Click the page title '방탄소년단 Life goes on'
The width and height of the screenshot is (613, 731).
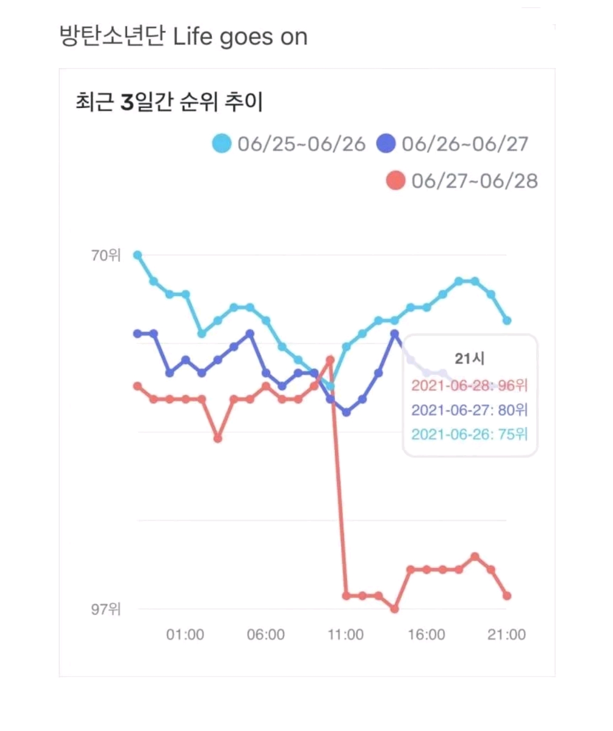(183, 36)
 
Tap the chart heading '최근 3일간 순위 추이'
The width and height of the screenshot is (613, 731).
(169, 102)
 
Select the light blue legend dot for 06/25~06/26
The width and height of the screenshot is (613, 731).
(222, 143)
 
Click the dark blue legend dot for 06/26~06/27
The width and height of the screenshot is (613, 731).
(386, 143)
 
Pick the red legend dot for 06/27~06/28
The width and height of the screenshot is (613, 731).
(395, 180)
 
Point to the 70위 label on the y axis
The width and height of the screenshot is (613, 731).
(106, 256)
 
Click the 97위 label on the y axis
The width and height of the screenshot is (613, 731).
(106, 609)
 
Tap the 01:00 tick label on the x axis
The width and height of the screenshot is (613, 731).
(185, 635)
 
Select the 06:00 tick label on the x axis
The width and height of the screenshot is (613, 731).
(266, 635)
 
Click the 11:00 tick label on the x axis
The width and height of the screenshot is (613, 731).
(346, 635)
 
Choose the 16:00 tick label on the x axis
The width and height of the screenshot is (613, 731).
(426, 635)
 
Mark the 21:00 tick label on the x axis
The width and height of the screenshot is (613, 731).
(507, 635)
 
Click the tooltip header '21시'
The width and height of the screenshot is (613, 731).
(470, 358)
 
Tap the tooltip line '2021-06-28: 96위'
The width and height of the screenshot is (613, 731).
(470, 386)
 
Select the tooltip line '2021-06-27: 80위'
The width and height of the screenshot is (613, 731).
(470, 410)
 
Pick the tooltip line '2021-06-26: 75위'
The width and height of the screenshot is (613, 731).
(470, 434)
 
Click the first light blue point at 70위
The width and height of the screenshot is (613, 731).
(137, 255)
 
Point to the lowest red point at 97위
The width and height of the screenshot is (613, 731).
(395, 609)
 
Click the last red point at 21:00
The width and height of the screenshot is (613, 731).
(507, 596)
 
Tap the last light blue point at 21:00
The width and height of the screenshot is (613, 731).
(507, 320)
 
